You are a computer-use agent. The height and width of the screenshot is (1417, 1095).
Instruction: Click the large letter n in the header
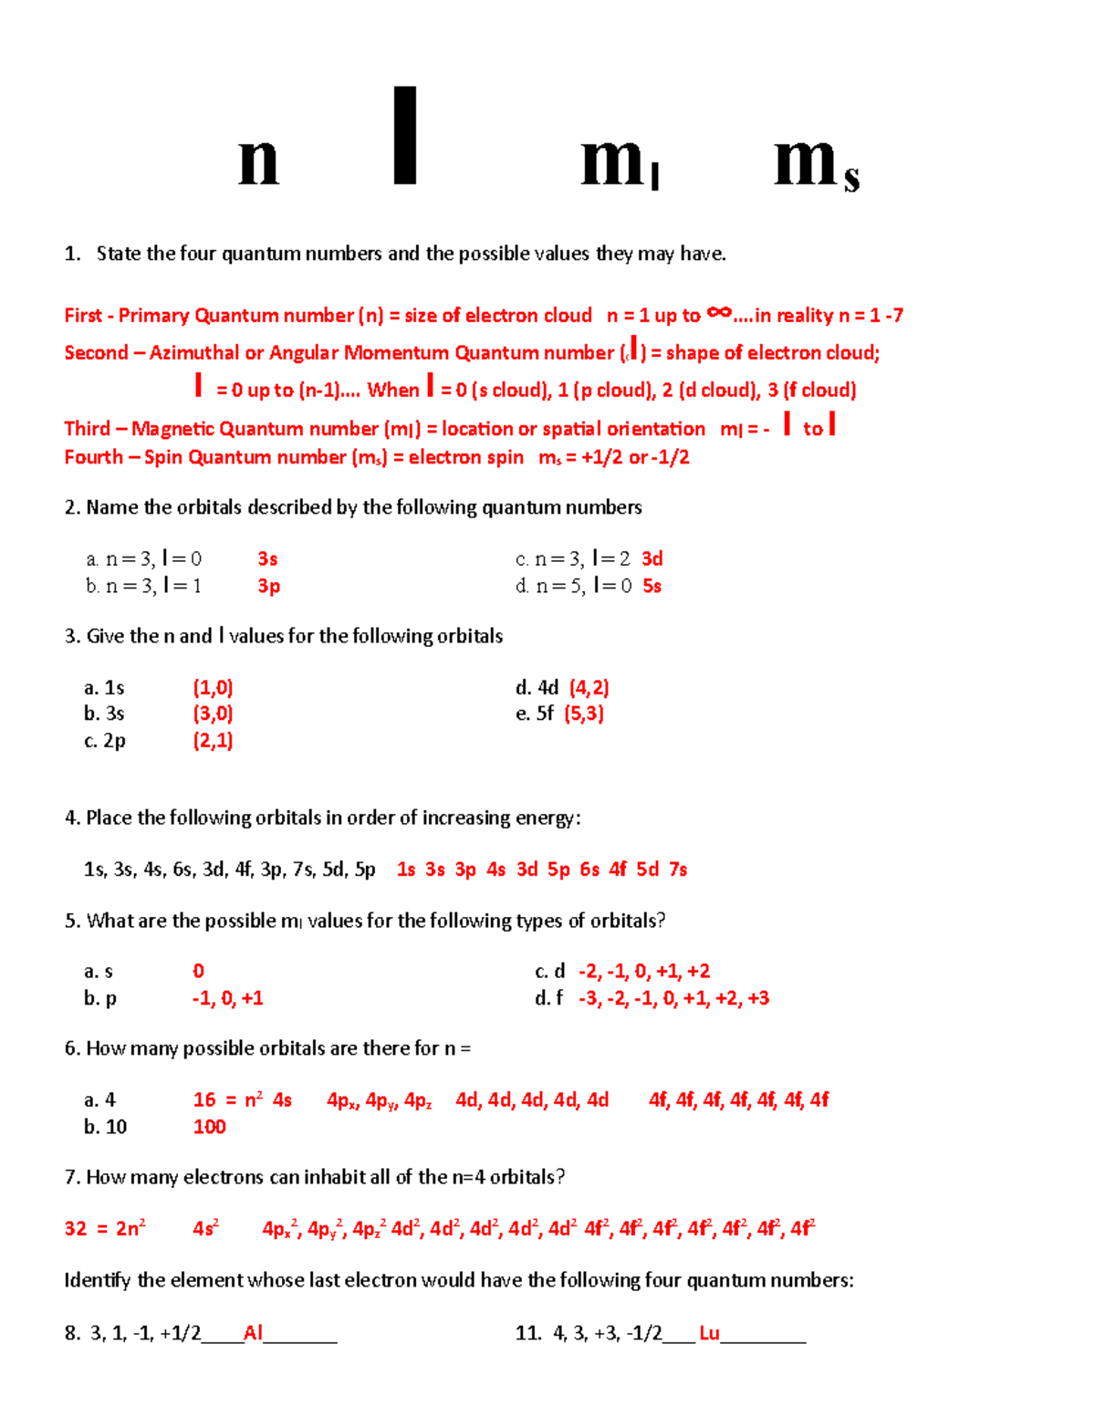pos(258,163)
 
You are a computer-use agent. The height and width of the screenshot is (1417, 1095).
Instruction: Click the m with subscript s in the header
pos(816,165)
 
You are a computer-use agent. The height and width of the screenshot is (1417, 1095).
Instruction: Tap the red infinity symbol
pos(719,313)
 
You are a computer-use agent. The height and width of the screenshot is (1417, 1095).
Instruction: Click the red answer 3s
pos(267,558)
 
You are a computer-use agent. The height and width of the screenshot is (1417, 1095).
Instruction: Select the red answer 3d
pos(652,558)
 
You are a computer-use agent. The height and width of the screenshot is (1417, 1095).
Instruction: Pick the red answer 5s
pos(652,586)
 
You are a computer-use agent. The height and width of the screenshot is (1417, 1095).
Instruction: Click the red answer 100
pos(209,1127)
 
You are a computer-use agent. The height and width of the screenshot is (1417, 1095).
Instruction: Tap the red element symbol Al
pos(253,1333)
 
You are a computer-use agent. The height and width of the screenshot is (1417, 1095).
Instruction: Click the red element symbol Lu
pos(709,1333)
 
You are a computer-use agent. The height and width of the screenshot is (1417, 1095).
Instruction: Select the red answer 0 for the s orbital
pos(198,971)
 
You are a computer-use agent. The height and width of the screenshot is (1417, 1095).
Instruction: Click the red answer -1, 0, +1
pos(227,998)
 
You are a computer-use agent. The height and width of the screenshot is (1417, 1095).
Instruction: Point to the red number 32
pos(76,1229)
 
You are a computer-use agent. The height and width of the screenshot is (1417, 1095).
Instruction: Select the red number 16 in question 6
pos(204,1100)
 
